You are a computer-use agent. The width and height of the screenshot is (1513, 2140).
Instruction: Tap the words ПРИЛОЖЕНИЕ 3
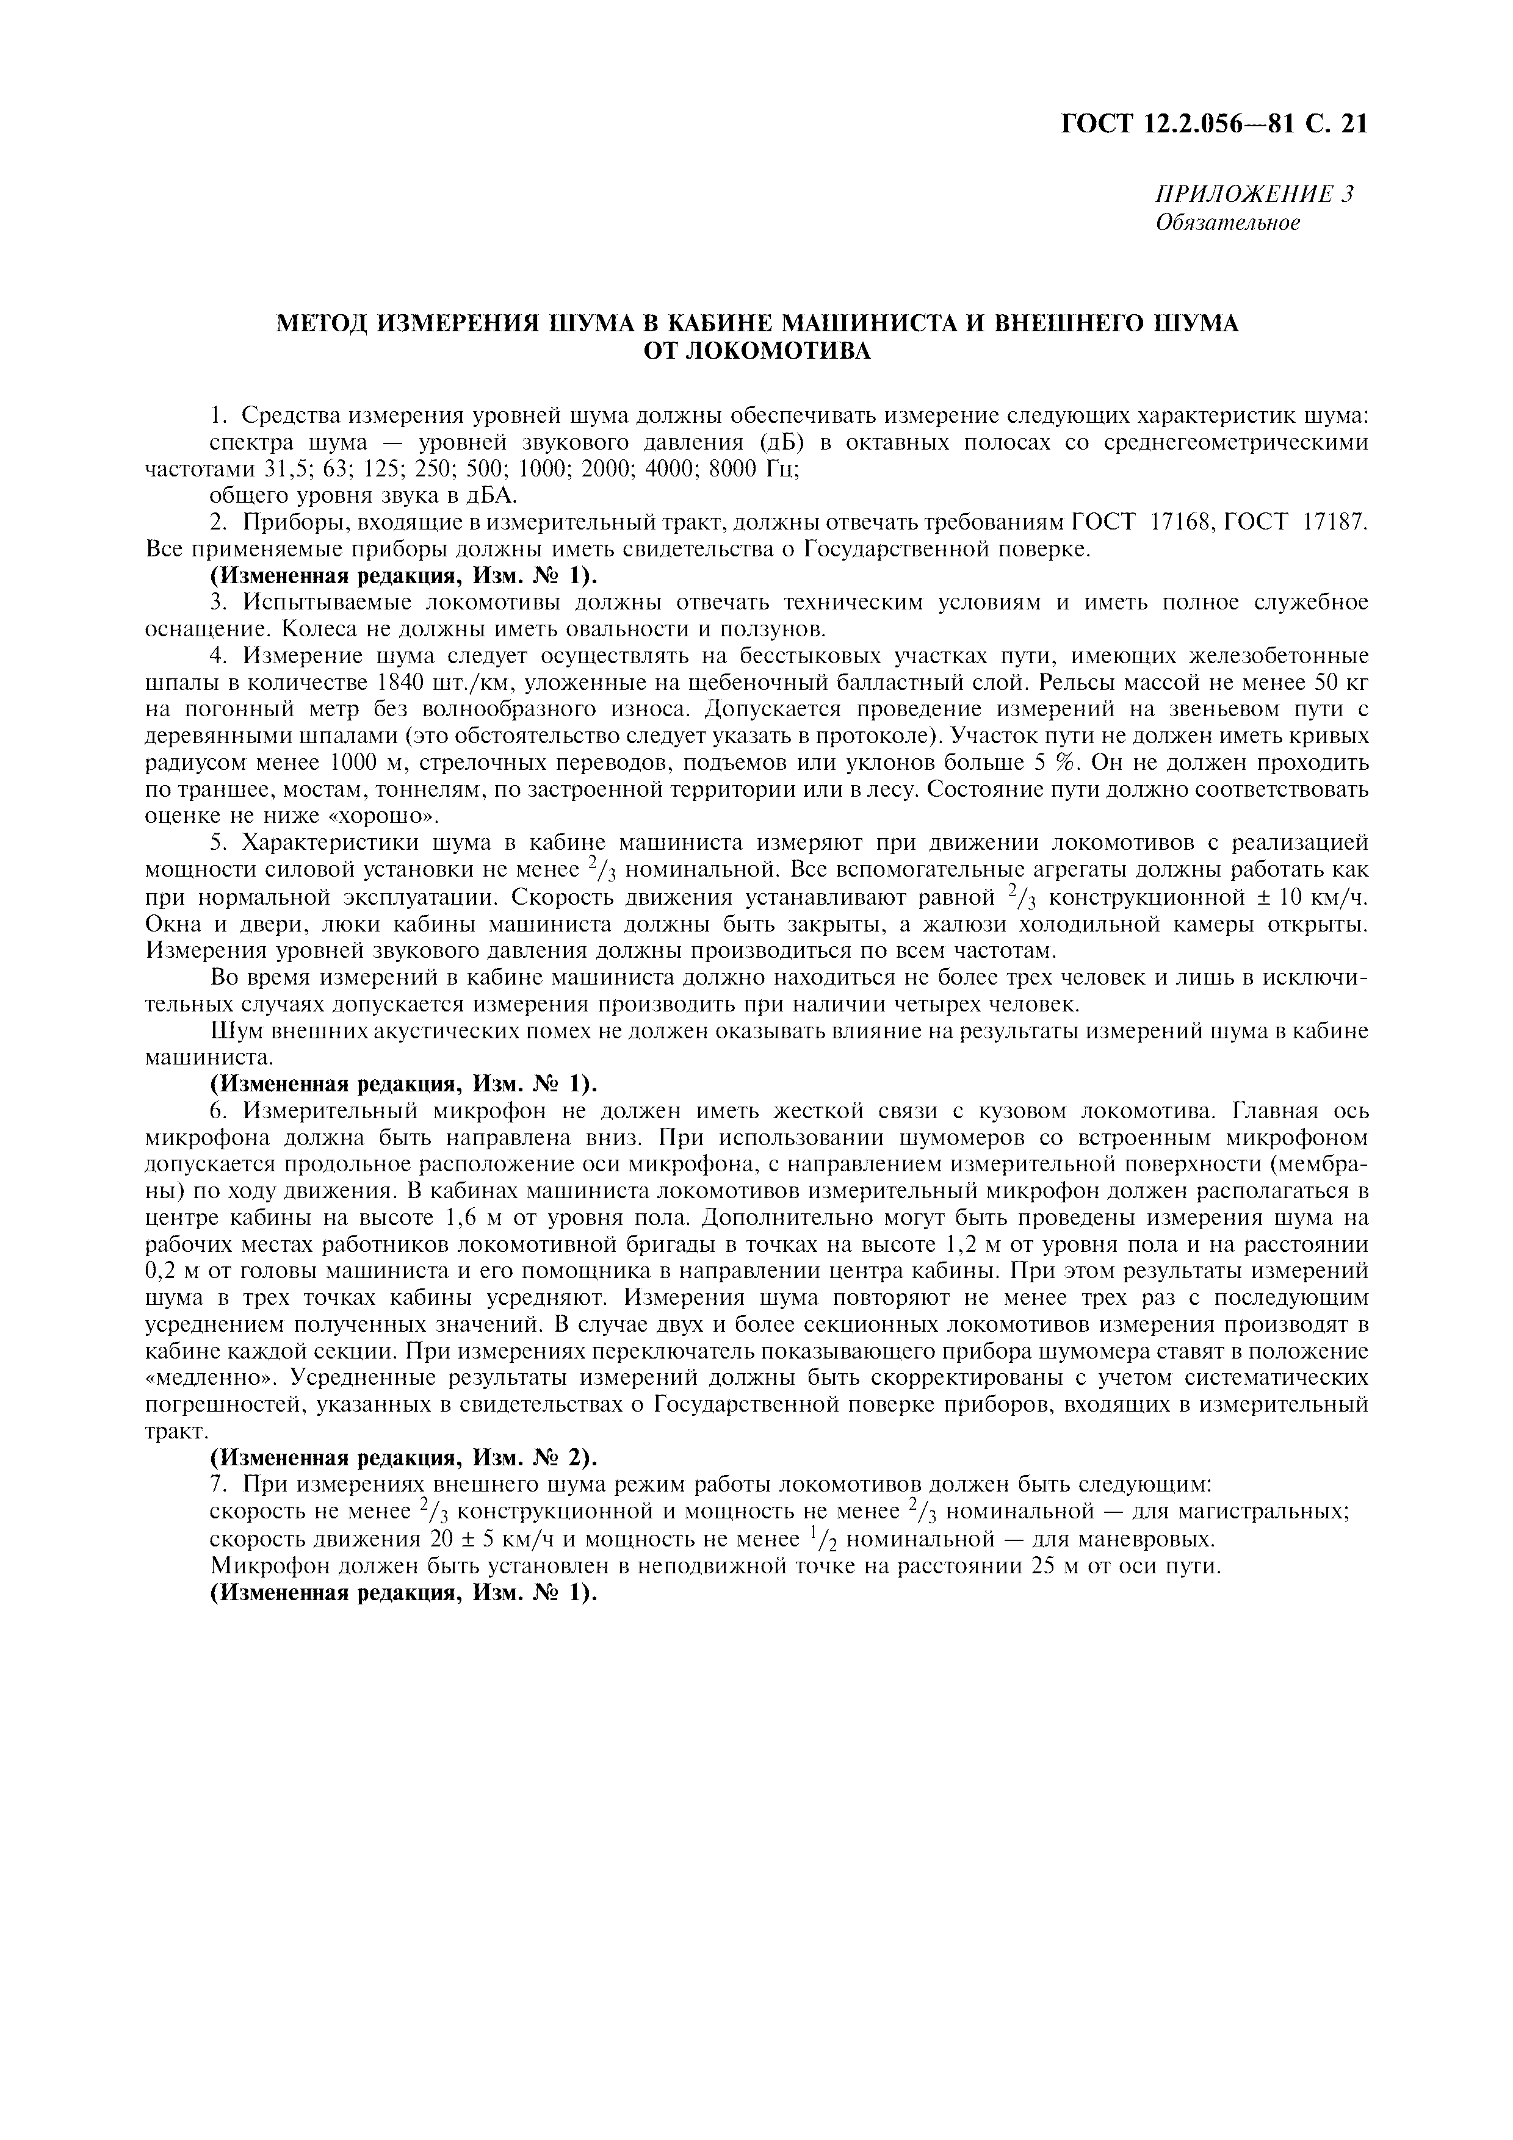tap(1254, 194)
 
